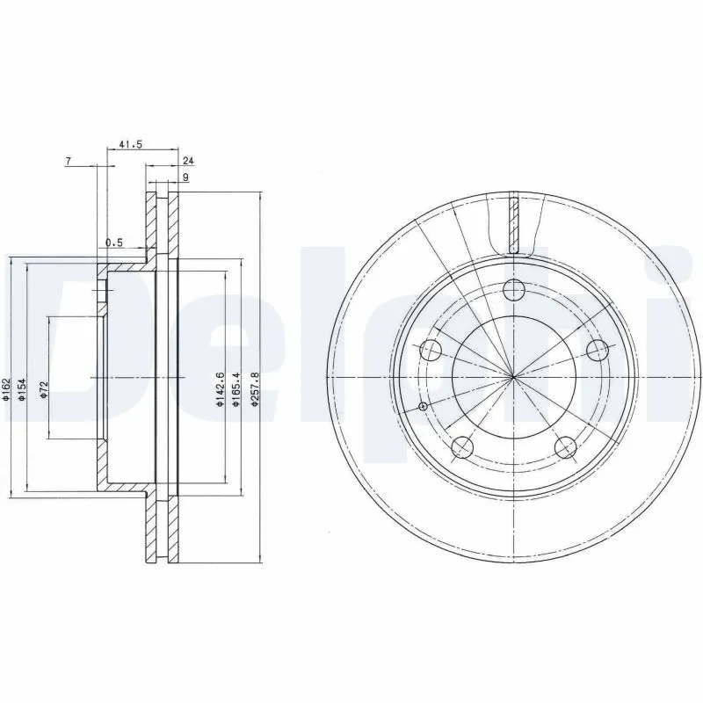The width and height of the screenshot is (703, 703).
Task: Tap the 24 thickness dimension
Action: point(187,161)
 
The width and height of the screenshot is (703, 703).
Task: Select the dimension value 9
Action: point(185,178)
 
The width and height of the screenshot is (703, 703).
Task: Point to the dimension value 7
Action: point(68,161)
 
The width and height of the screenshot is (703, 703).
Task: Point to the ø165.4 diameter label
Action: point(236,389)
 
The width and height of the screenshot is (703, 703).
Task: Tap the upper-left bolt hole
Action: point(431,351)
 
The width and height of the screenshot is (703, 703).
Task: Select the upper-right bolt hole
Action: point(598,351)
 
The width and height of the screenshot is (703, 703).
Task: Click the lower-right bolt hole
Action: point(567,449)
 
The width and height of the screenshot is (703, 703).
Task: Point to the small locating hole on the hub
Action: point(424,406)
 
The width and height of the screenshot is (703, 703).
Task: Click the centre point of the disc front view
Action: point(514,377)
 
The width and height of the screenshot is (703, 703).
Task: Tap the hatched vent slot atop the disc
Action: point(515,221)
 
